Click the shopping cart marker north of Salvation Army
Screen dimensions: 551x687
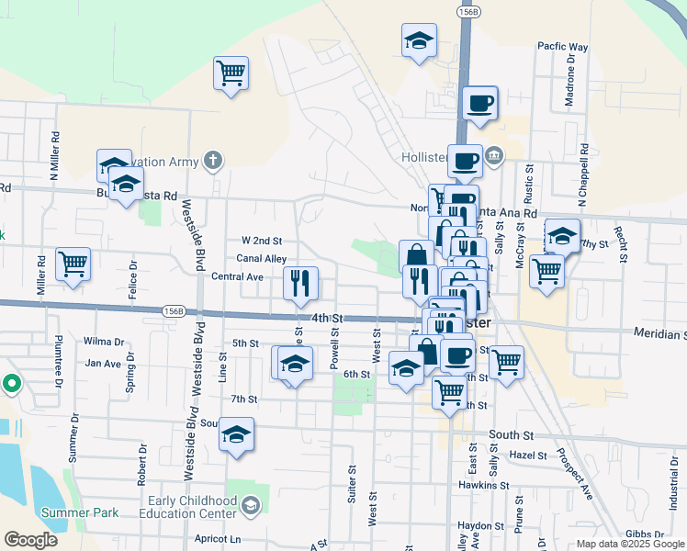pos(231,73)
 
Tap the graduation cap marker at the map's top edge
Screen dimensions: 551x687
pos(419,41)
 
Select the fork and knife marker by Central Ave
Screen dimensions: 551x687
pos(301,285)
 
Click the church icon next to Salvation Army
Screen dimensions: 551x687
pos(213,163)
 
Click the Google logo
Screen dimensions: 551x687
pos(30,540)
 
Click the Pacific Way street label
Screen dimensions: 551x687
pos(562,46)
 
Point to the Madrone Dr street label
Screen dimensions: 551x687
pos(570,77)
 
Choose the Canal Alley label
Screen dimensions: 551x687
pos(262,260)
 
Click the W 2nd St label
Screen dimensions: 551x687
pos(261,241)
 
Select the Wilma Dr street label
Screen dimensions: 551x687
pos(103,342)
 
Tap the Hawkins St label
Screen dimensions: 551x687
pos(484,485)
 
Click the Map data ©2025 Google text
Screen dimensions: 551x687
pos(629,544)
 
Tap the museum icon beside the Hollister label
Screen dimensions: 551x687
pos(495,154)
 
